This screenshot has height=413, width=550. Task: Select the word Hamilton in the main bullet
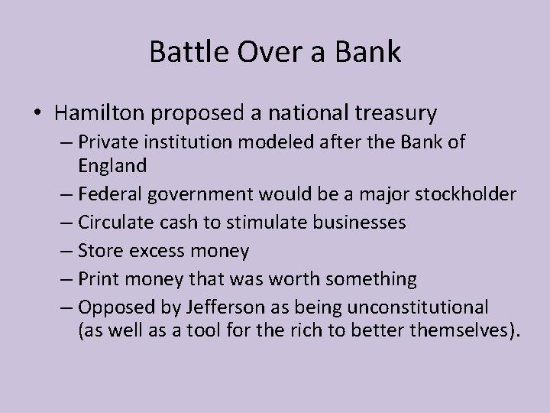click(102, 114)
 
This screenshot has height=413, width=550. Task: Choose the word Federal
click(112, 193)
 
